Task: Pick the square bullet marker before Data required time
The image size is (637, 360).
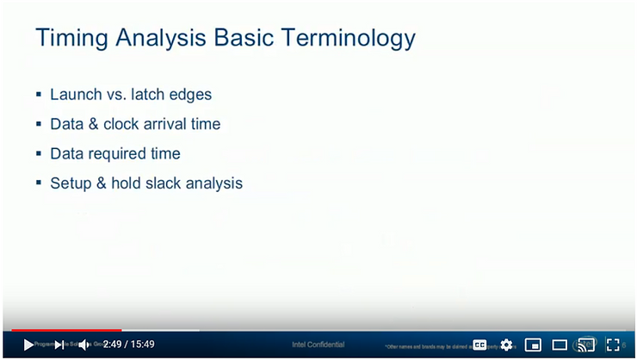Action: coord(39,154)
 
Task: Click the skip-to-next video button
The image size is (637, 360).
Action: coord(59,344)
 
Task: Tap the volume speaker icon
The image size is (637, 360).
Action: coord(84,344)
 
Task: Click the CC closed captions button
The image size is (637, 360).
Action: coord(479,344)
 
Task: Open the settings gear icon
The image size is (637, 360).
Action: coord(506,344)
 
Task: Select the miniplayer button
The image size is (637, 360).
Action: coord(533,344)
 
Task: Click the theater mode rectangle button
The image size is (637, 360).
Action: coord(560,344)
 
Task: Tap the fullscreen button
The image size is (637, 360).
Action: coord(613,344)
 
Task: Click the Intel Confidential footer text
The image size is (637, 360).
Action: coord(318,344)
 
